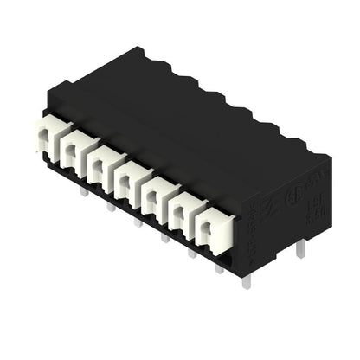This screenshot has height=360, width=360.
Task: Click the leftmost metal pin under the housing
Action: point(83,192)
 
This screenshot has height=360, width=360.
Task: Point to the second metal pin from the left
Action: point(110,207)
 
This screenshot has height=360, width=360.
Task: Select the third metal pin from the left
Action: point(137,222)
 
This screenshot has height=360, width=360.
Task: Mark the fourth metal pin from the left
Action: point(164,236)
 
